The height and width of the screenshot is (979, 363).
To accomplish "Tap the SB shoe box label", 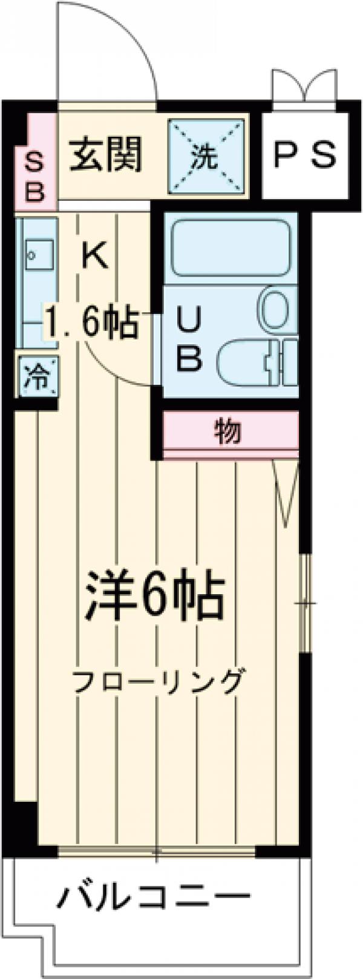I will pos(35,175).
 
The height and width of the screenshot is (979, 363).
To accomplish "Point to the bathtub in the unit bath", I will pos(229,248).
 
